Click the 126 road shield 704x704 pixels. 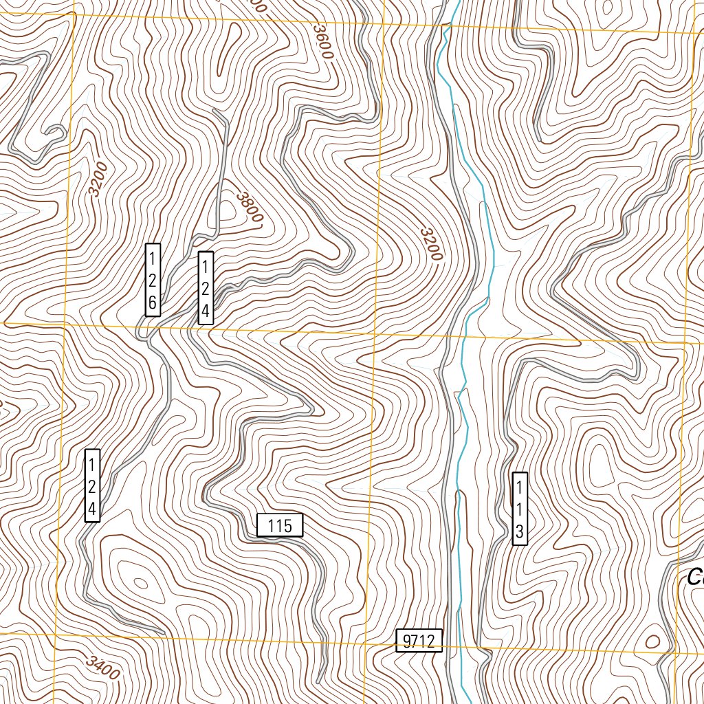[x=153, y=280]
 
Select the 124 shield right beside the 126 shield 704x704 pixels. [x=206, y=288]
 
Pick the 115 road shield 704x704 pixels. [x=280, y=526]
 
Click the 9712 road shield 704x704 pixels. [x=419, y=641]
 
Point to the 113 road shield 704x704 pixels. [x=520, y=509]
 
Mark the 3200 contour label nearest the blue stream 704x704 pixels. [x=429, y=244]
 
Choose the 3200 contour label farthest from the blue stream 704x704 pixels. [x=98, y=179]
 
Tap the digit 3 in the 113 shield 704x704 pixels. [x=520, y=531]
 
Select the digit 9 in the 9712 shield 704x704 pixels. [x=407, y=641]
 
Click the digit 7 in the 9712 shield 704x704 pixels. [x=415, y=641]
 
